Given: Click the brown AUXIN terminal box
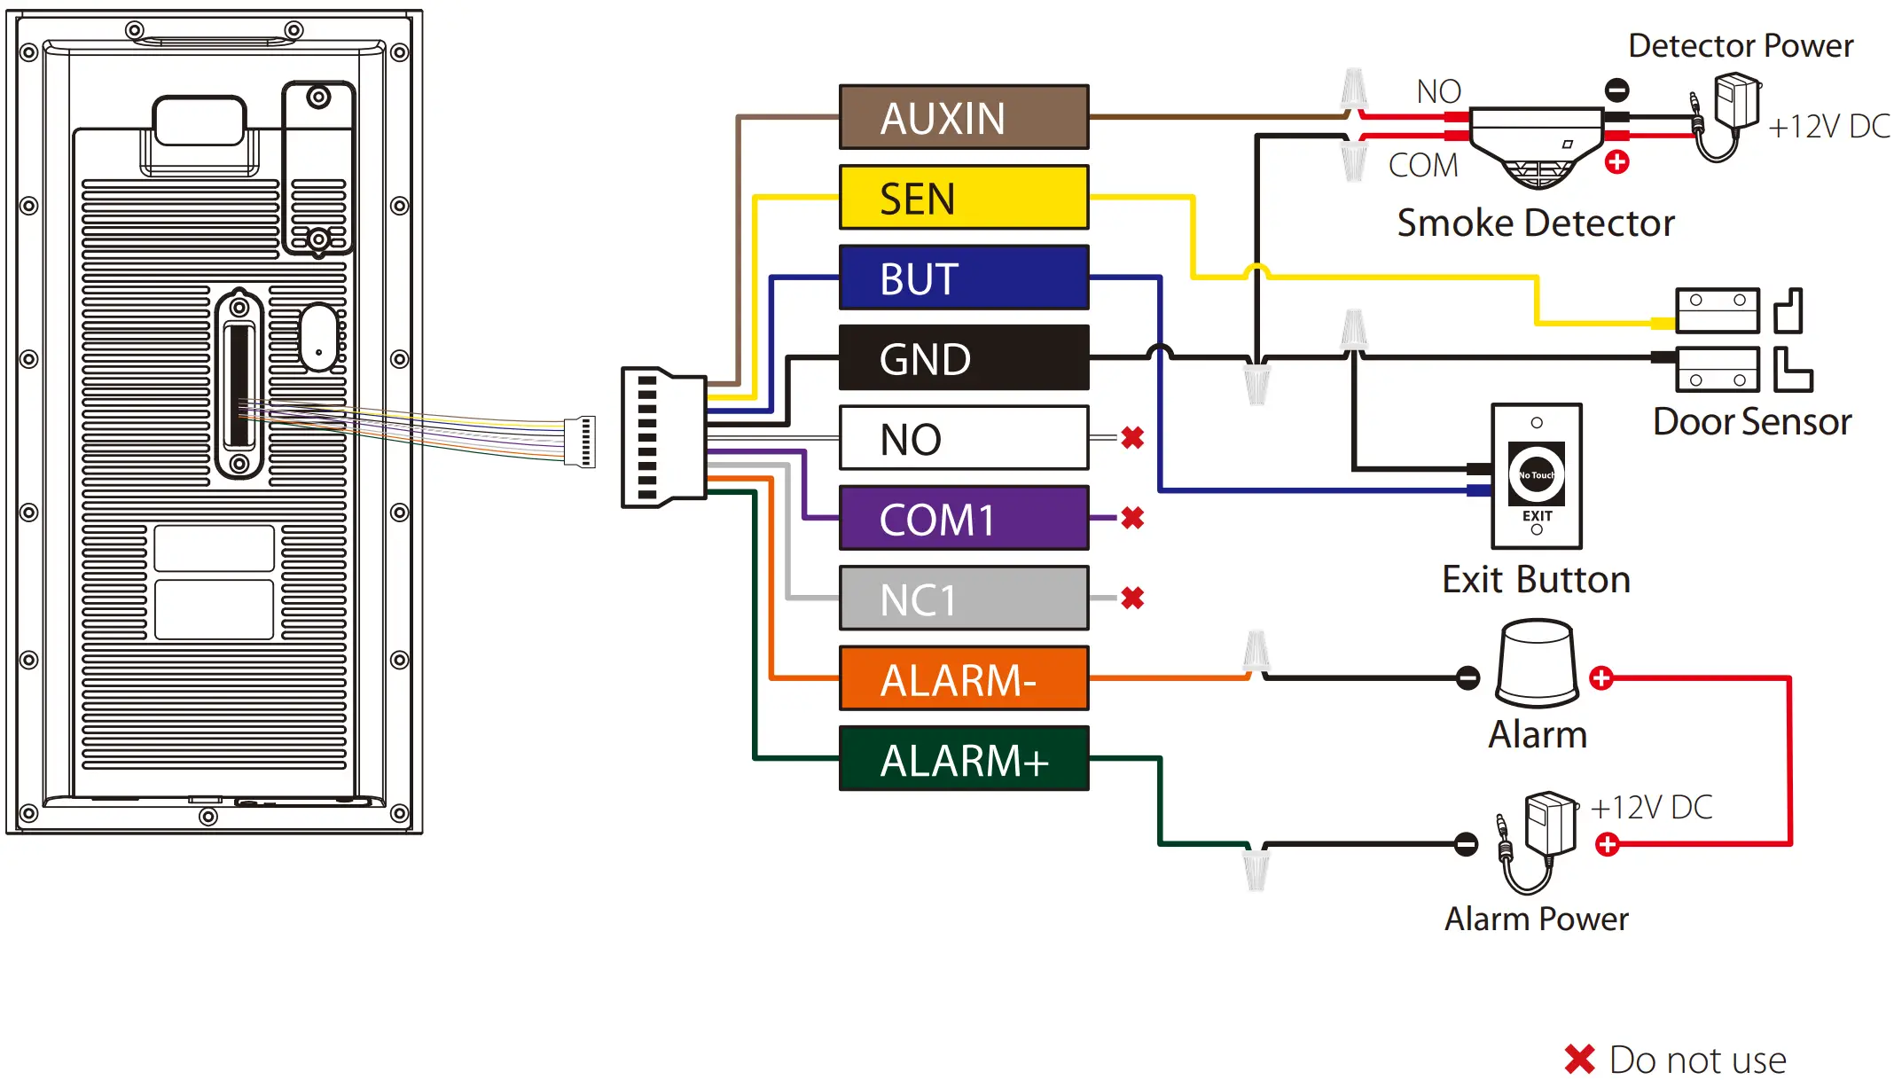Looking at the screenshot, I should pos(964,117).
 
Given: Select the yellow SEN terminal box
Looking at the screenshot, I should pos(964,197).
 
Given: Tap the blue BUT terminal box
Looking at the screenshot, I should pos(964,278).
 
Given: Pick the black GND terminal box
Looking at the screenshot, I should pos(964,357).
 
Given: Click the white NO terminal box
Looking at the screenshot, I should pos(964,438).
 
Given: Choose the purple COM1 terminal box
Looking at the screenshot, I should pos(964,518).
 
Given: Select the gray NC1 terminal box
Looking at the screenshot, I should pos(964,599).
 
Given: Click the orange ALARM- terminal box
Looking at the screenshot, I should pos(964,678).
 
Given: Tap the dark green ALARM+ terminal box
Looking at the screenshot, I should pos(964,759).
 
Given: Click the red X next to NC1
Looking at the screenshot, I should pos(1132,599).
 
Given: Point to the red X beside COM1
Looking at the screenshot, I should pos(1132,518).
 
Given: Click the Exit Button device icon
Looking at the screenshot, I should pos(1537,476).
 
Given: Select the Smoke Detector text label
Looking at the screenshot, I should pos(1536,223).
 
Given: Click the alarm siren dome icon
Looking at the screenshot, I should pos(1537,663).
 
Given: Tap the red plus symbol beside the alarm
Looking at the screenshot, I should pos(1601,678).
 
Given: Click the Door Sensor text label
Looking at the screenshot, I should pos(1752,421).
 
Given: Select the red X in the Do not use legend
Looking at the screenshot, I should pos(1579,1059).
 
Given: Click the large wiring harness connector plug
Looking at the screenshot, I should pos(663,437).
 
